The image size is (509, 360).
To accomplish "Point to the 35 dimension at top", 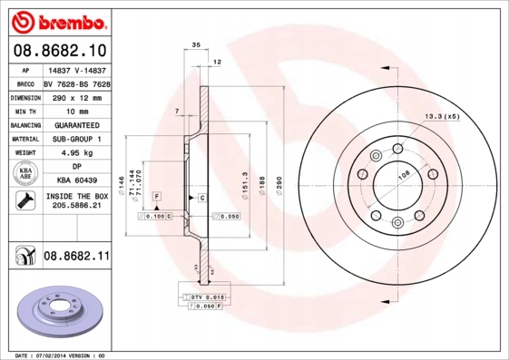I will coord(196,44).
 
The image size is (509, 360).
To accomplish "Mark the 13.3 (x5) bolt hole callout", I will coord(442,116).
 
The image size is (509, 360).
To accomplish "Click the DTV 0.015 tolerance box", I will coord(207,297).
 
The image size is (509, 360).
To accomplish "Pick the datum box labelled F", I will coord(156,196).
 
